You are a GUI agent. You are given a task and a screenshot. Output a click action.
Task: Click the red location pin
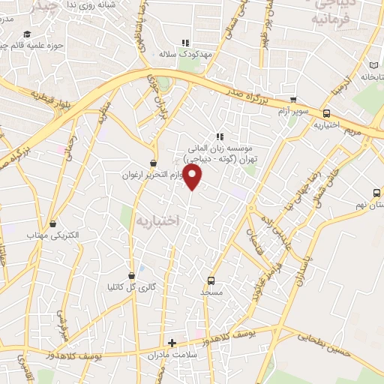click(x=193, y=177)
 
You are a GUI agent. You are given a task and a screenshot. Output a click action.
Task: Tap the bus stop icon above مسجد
click(x=211, y=280)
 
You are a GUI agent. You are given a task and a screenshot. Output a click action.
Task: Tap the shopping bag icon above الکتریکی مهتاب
click(x=52, y=223)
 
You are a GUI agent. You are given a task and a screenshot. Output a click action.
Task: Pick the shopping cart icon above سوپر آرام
click(x=293, y=100)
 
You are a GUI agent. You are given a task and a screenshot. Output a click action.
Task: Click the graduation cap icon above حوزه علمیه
click(x=27, y=34)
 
